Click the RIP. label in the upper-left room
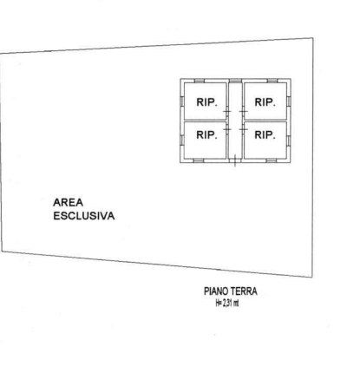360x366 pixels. click(x=206, y=102)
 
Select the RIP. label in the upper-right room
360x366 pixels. click(x=265, y=102)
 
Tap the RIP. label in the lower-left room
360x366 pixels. click(x=206, y=134)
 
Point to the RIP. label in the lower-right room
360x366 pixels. click(x=265, y=134)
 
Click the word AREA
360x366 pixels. click(x=69, y=202)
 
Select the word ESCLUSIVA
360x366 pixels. click(x=84, y=216)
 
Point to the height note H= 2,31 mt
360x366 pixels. click(x=227, y=303)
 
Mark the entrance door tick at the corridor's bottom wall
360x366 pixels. click(x=235, y=160)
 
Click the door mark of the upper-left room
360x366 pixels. click(x=227, y=111)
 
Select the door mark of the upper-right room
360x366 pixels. click(x=244, y=111)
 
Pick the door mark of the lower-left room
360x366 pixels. click(x=227, y=128)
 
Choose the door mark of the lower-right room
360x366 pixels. click(x=244, y=128)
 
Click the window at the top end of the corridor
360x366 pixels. click(x=235, y=81)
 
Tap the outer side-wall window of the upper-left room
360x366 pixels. click(x=182, y=101)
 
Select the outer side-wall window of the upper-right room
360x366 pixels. click(x=289, y=101)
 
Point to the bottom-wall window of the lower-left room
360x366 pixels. click(x=199, y=160)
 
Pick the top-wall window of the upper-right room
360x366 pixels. click(x=272, y=81)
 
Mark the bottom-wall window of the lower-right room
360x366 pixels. click(x=272, y=160)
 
